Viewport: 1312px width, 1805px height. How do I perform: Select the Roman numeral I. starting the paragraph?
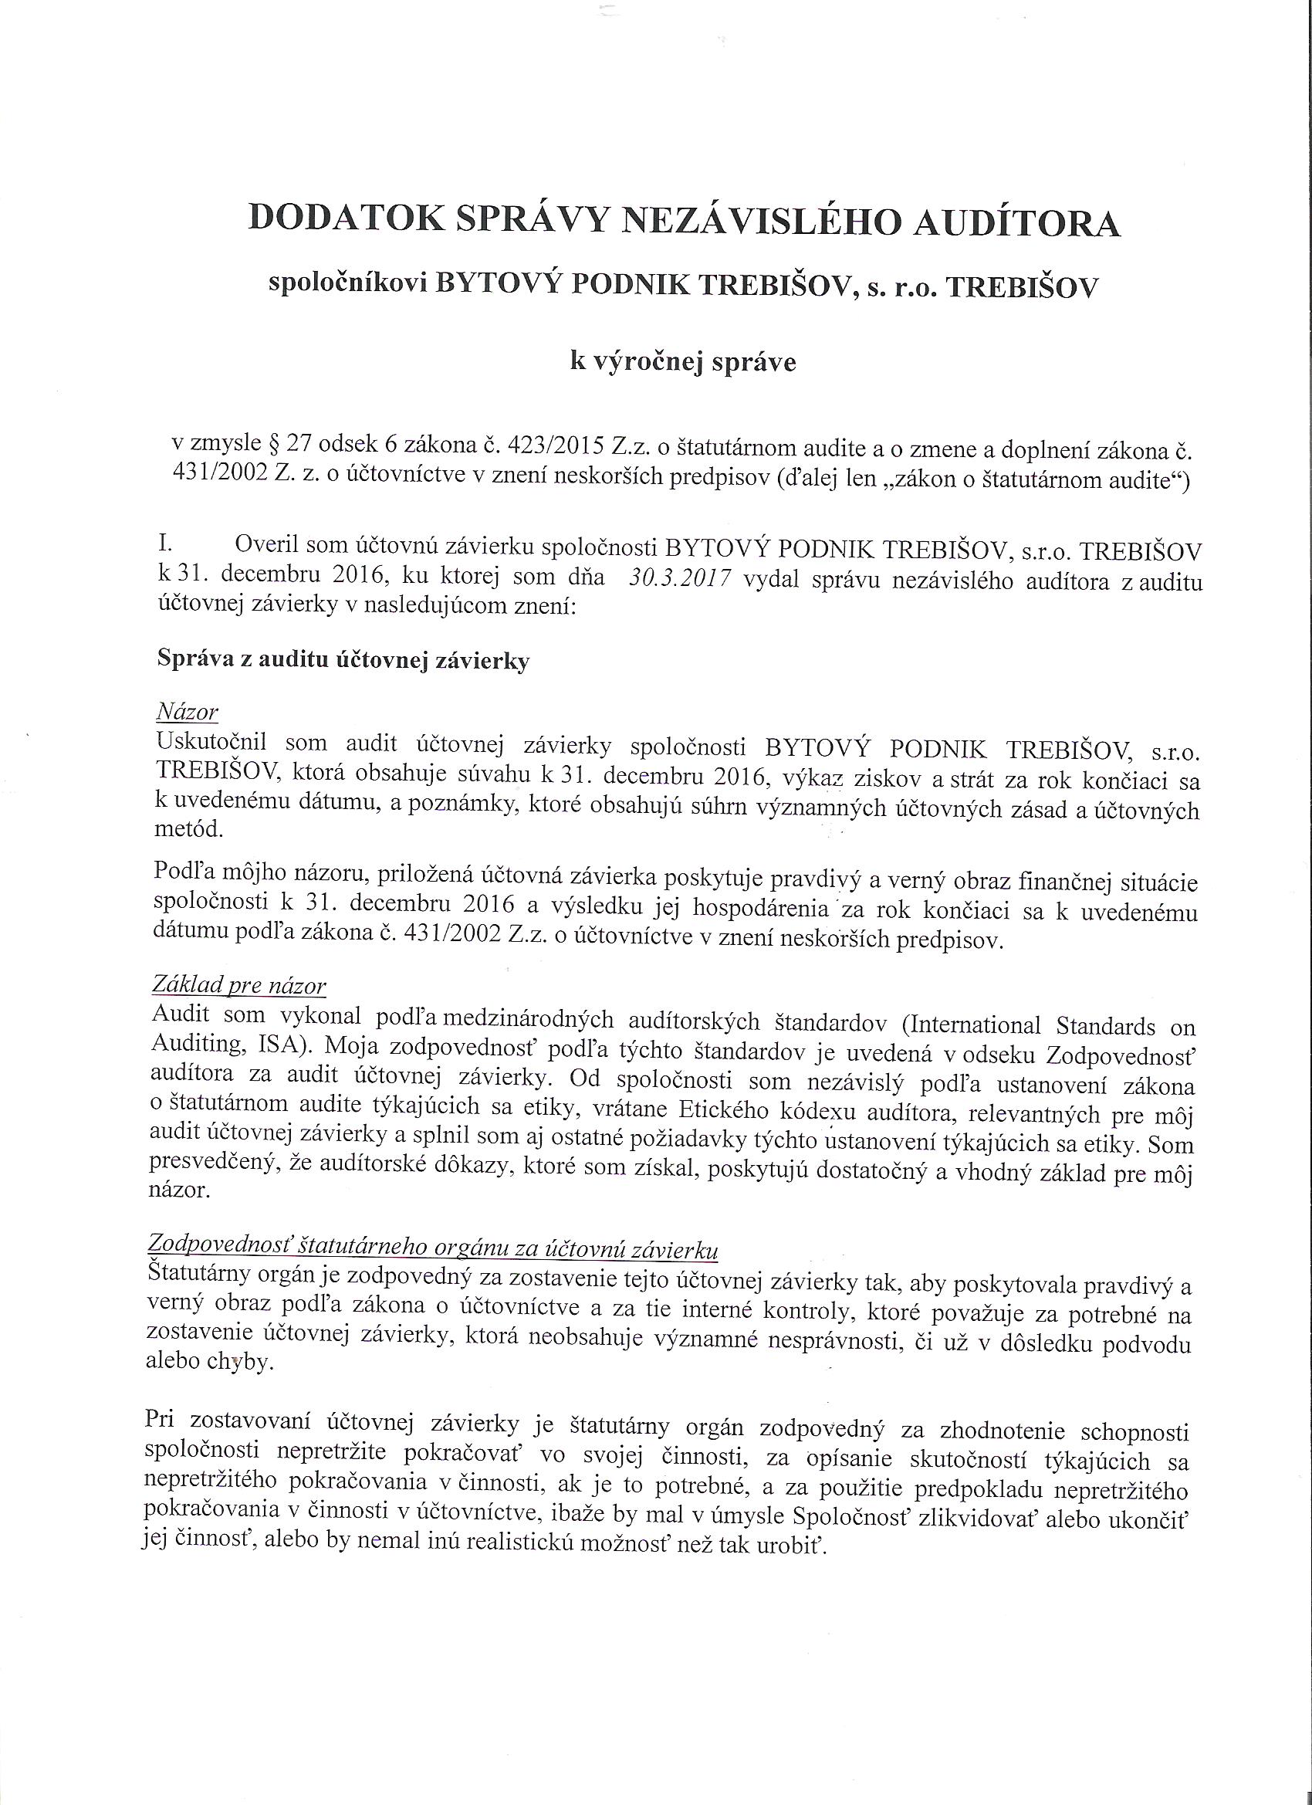[168, 546]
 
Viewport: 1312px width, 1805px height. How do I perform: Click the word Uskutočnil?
[212, 744]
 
